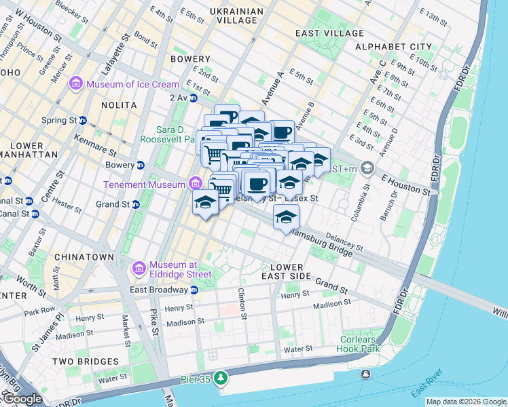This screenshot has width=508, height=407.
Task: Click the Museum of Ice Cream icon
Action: [75, 84]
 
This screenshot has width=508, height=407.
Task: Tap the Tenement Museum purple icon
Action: [196, 184]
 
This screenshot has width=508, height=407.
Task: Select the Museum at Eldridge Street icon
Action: [139, 269]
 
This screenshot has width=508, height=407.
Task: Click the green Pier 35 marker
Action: [220, 377]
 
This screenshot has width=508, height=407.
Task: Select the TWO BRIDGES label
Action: [85, 362]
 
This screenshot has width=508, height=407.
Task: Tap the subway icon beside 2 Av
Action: [193, 98]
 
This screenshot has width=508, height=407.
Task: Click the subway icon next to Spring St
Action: [83, 120]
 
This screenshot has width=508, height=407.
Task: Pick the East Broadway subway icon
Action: [194, 290]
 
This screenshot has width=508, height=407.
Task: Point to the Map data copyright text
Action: [466, 402]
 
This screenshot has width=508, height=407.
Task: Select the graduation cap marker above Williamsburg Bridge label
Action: [286, 217]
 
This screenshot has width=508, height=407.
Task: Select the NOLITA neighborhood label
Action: [100, 105]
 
